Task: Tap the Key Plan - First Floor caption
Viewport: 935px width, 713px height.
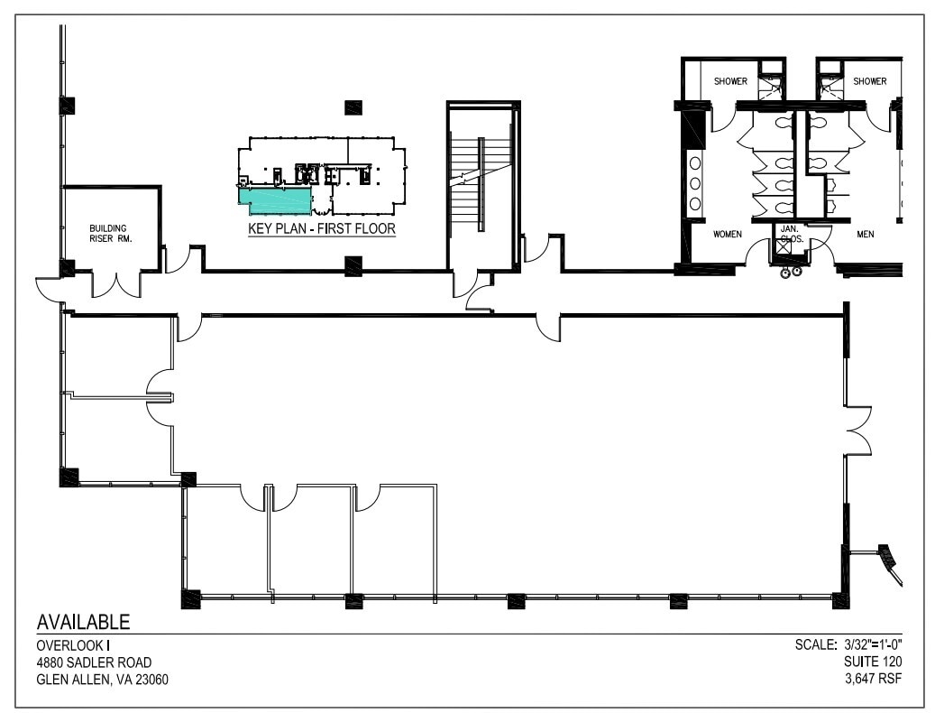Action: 321,229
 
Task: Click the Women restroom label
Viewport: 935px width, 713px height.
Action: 727,235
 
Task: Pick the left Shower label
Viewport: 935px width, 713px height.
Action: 730,81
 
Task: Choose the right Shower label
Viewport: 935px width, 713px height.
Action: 870,81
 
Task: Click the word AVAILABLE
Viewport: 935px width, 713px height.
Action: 83,622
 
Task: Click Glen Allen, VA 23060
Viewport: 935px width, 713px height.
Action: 102,680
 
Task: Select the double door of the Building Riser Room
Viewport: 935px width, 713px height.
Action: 116,284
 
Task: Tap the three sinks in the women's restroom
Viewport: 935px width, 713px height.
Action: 695,183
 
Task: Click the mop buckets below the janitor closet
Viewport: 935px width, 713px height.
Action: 791,272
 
